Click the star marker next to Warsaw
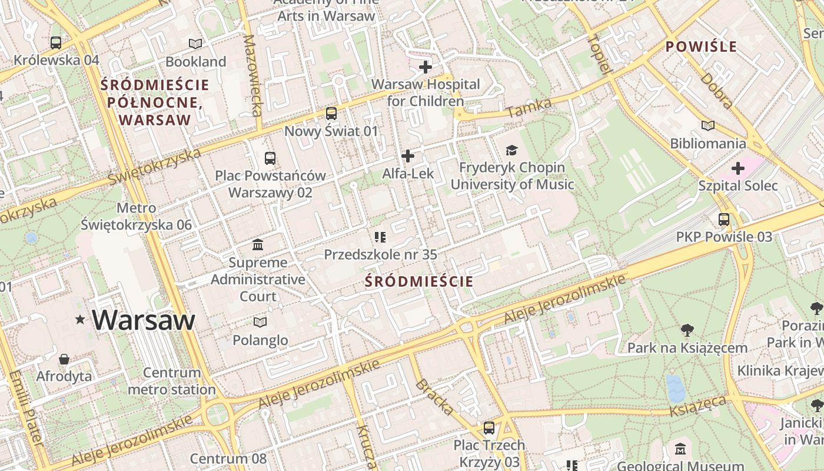(80, 320)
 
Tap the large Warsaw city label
(143, 320)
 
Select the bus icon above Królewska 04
(56, 42)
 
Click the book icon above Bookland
(195, 44)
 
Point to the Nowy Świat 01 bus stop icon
(331, 113)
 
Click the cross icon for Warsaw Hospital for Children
(425, 67)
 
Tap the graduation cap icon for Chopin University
(511, 150)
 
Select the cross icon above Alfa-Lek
(407, 156)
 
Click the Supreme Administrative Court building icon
(258, 244)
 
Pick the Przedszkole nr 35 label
(380, 254)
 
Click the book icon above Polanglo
(260, 322)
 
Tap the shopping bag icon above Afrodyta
(64, 359)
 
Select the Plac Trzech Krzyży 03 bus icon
(489, 427)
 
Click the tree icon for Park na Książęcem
(687, 330)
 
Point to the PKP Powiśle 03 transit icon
(723, 219)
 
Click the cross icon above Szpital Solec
(737, 168)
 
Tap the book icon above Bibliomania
(707, 125)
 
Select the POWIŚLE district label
(701, 47)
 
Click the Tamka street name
(529, 107)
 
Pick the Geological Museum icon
(680, 449)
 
